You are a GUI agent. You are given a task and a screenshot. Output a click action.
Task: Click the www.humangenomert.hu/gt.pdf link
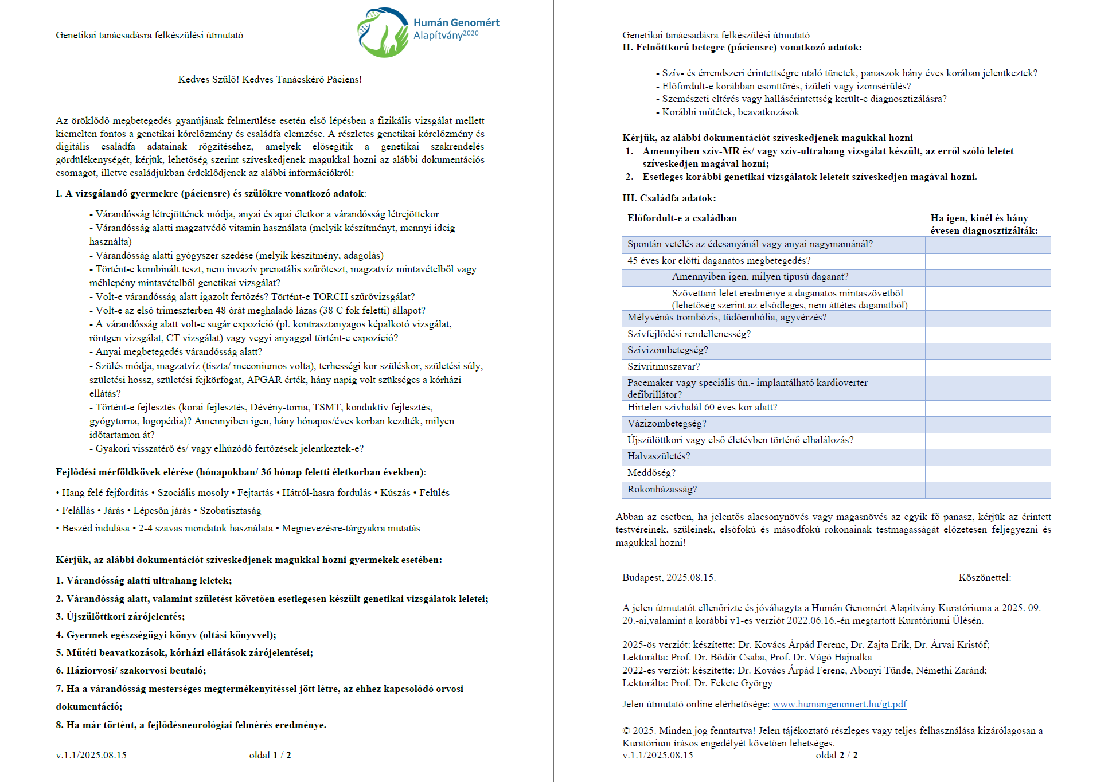(839, 704)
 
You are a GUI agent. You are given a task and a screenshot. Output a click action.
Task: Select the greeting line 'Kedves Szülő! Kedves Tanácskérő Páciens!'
(270, 79)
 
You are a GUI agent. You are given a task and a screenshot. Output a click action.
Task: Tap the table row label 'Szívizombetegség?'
(667, 350)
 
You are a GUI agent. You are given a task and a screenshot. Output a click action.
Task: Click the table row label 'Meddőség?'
(651, 473)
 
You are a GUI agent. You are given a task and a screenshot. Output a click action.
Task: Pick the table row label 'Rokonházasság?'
(662, 490)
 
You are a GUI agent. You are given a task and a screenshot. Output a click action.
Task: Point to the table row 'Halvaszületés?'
(658, 456)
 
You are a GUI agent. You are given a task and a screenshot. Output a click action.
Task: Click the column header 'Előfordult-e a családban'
(682, 218)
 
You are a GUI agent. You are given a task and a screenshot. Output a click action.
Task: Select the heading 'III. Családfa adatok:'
(669, 198)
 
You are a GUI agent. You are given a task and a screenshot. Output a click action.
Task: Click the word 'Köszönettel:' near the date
(984, 578)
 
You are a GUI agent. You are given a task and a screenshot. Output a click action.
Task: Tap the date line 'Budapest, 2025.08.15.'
(669, 578)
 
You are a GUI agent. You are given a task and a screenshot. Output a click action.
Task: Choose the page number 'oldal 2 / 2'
(836, 756)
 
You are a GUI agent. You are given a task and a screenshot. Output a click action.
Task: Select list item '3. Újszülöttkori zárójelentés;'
(120, 617)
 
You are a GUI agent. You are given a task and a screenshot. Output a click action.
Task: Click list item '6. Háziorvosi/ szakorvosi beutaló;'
(130, 671)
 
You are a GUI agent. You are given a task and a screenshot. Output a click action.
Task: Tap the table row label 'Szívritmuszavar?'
(663, 367)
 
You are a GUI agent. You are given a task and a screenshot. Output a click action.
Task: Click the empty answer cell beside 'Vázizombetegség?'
(988, 424)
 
